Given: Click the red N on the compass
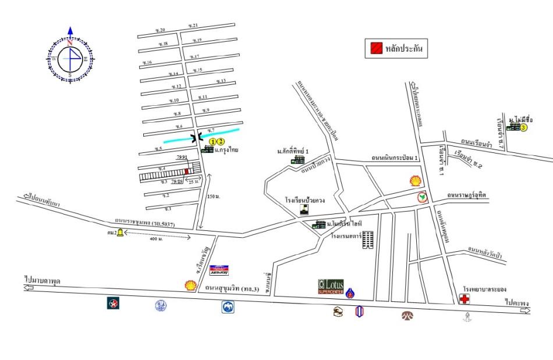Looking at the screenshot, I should [x=70, y=43].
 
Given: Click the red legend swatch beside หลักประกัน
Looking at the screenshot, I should [x=373, y=49].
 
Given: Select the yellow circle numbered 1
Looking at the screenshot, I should [x=213, y=141].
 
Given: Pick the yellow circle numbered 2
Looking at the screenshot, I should [x=221, y=141].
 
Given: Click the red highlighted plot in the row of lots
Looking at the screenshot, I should [x=186, y=171].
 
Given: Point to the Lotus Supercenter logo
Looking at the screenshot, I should [x=331, y=286].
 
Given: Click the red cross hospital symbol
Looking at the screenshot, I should [x=465, y=300].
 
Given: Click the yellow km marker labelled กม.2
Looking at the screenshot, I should [x=120, y=233].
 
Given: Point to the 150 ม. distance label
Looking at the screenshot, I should [x=214, y=197].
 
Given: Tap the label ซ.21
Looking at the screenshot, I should [x=193, y=26].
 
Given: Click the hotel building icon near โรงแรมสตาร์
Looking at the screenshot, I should [x=368, y=240].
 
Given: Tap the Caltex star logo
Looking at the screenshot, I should [x=113, y=303].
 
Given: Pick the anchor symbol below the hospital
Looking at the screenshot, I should [x=466, y=317].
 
